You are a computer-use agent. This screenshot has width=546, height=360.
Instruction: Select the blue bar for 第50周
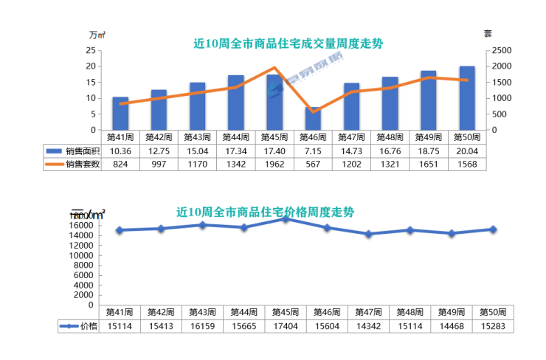[x=467, y=98]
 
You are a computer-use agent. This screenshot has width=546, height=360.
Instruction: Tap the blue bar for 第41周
[x=120, y=114]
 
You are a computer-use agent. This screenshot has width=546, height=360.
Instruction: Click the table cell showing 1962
[x=274, y=165]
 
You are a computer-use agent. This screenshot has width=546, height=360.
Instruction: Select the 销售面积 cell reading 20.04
[x=467, y=150]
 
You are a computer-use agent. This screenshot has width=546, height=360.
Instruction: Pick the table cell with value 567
[x=313, y=165]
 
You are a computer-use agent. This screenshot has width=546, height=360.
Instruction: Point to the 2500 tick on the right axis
[x=502, y=50]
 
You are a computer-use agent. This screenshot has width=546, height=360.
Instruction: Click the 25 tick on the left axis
[x=90, y=50]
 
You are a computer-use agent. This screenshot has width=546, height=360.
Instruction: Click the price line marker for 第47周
[x=369, y=234]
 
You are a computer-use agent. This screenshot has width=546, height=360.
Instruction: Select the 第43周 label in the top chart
[x=198, y=136]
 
